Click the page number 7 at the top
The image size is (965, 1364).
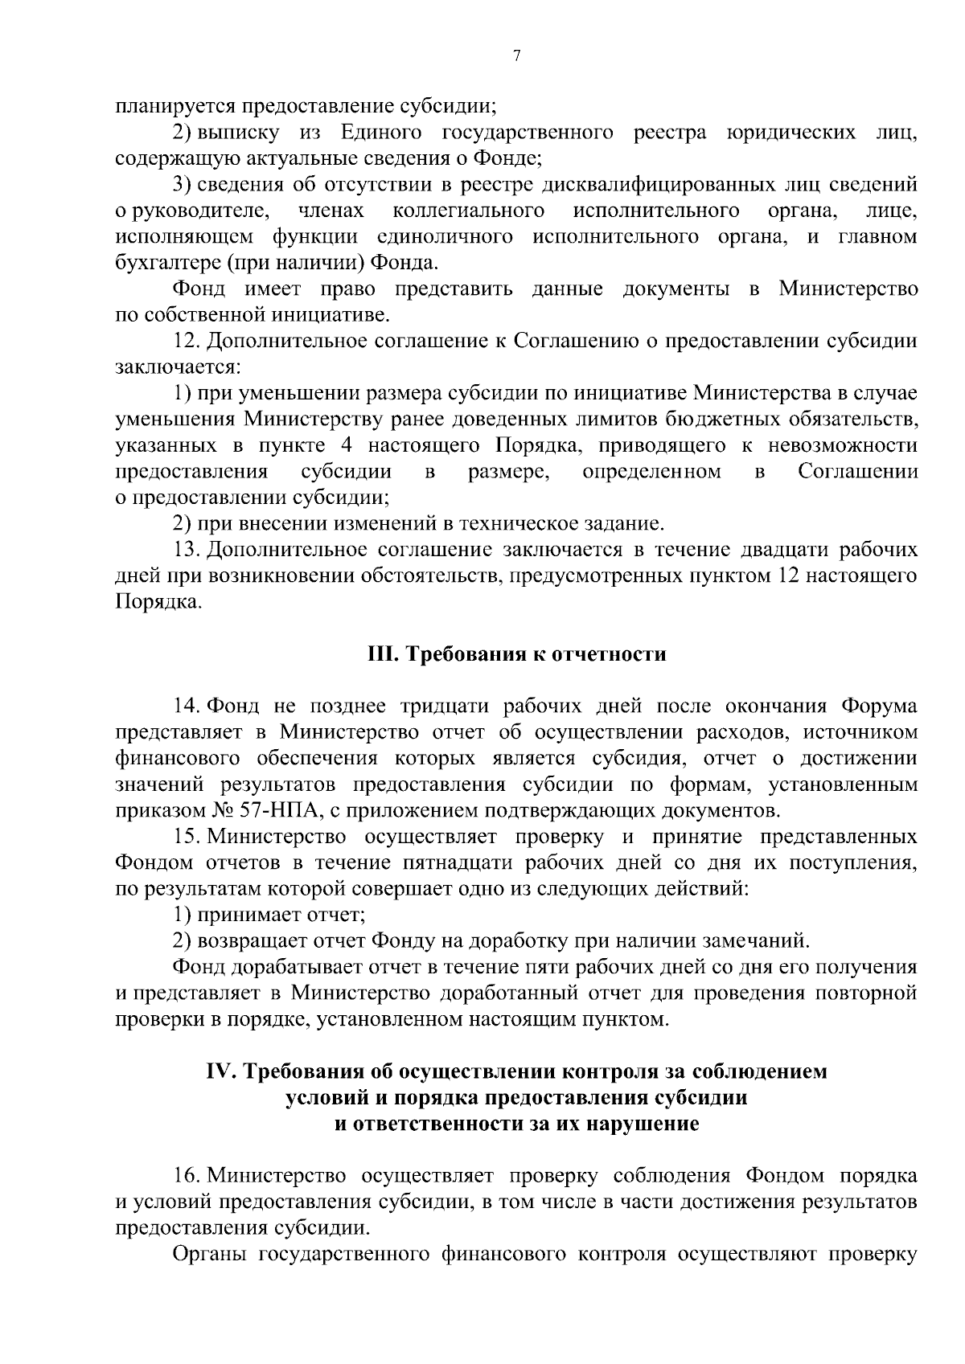pyautogui.click(x=516, y=55)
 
